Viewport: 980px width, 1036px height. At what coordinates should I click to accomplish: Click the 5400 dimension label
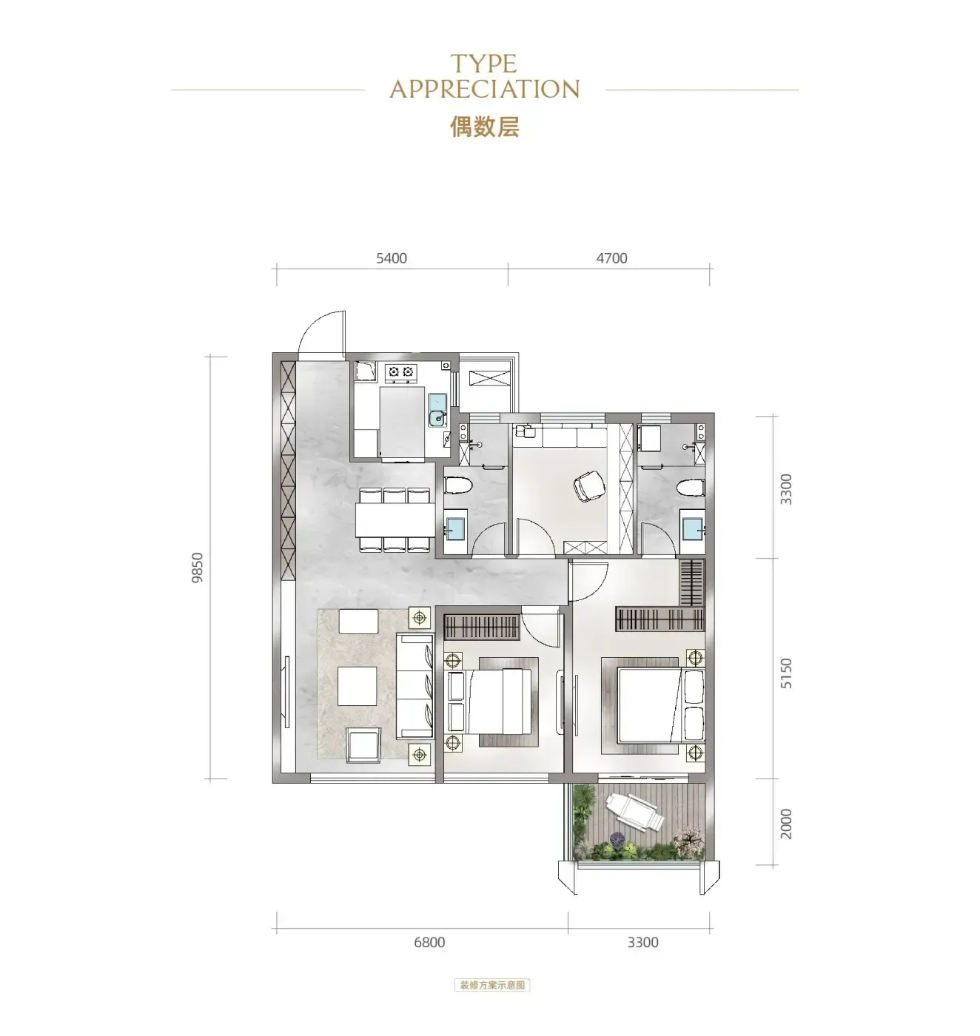click(x=391, y=258)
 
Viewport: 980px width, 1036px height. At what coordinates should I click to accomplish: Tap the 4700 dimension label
click(x=611, y=258)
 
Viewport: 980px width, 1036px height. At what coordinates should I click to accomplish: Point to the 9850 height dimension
click(x=197, y=568)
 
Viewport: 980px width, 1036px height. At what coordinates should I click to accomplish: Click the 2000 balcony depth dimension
click(x=785, y=824)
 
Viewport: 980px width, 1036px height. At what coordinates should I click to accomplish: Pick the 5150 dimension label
click(x=785, y=673)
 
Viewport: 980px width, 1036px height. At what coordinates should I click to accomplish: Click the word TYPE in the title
click(x=483, y=64)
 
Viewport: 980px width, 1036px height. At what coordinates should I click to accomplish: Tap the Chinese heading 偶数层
click(x=485, y=127)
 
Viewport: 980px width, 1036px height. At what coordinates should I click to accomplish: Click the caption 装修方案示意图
click(x=492, y=985)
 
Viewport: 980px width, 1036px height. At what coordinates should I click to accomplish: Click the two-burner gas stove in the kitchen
click(x=400, y=372)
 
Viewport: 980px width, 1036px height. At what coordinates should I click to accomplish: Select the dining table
click(x=395, y=519)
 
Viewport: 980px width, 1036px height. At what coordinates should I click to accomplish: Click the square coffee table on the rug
click(x=358, y=685)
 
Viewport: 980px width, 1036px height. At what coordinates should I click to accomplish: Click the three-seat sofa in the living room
click(x=415, y=686)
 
